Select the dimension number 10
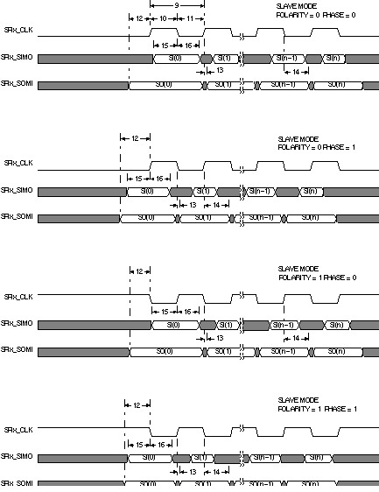pyautogui.click(x=164, y=18)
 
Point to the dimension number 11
pyautogui.click(x=192, y=18)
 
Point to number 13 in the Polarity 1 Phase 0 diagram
pyautogui.click(x=219, y=338)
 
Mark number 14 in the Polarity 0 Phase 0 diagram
pyautogui.click(x=298, y=72)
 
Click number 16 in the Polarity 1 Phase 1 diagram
pyautogui.click(x=162, y=445)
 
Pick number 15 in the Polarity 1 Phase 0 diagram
pyautogui.click(x=162, y=312)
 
